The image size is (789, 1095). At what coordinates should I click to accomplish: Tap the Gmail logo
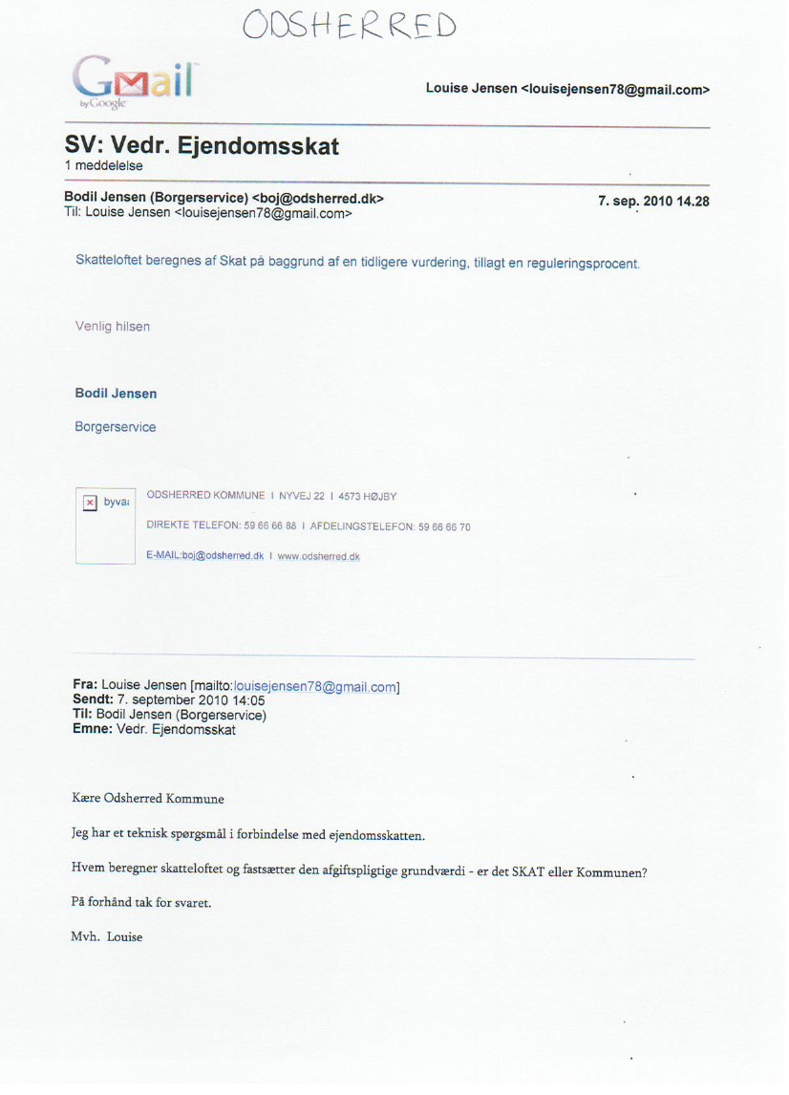(135, 81)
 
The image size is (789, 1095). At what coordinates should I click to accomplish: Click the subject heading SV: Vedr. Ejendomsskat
(202, 146)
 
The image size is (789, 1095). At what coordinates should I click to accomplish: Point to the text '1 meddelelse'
(103, 166)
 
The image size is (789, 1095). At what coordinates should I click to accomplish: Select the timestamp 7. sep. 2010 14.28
(653, 202)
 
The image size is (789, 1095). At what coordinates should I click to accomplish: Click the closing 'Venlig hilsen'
(112, 327)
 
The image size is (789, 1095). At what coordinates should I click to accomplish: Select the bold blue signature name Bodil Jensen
(116, 394)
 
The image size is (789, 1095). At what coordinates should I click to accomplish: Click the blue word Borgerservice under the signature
(115, 427)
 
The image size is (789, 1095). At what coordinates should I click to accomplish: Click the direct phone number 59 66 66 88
(270, 526)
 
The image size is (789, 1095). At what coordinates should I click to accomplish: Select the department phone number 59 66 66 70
(444, 526)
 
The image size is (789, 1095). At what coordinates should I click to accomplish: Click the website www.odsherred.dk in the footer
(318, 557)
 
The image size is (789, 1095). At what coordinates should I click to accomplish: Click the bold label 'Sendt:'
(93, 699)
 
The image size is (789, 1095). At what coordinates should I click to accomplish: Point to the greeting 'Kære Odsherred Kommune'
(148, 799)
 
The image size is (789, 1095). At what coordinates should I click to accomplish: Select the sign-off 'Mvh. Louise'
(107, 937)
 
